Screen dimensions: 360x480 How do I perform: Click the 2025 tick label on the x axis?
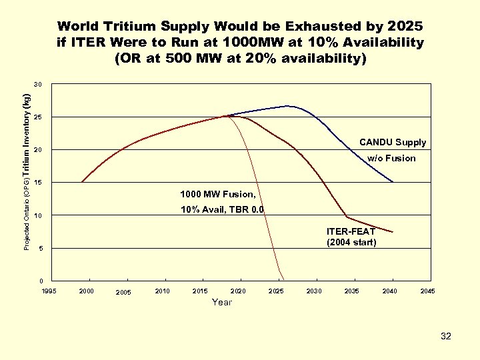[275, 291]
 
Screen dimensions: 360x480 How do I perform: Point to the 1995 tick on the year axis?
[49, 291]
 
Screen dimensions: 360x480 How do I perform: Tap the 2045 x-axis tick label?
[427, 291]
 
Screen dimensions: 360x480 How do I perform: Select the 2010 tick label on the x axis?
[162, 291]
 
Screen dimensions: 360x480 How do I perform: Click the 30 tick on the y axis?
[39, 85]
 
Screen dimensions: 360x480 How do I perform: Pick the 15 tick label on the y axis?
[39, 183]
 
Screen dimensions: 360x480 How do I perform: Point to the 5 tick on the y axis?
[41, 249]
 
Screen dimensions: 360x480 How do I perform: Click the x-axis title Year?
[221, 303]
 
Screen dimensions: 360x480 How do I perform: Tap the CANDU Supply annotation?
[392, 143]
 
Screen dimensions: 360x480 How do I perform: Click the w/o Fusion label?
[391, 159]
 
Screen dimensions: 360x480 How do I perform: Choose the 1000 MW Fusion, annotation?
[217, 195]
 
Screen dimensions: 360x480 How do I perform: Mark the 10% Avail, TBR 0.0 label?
[222, 210]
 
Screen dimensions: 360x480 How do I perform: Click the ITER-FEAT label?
[350, 231]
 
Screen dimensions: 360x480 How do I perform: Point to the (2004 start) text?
[351, 242]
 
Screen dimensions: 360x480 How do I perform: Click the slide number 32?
[445, 337]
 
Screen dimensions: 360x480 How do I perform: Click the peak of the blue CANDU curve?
[289, 106]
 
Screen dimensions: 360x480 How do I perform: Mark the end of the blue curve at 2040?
[393, 181]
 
